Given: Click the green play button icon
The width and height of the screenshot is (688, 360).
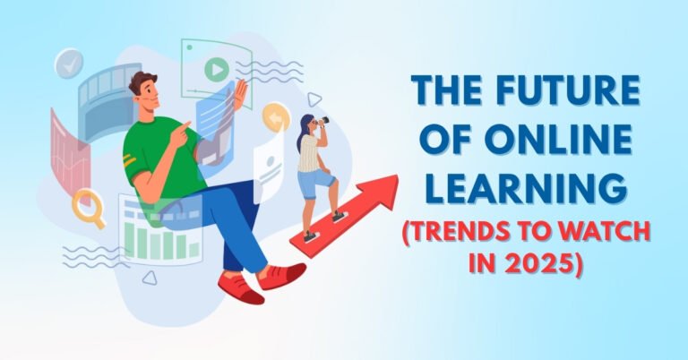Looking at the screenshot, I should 215,68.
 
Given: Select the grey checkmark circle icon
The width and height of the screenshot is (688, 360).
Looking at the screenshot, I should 68,64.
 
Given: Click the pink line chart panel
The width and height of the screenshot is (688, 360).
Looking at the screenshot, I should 71,148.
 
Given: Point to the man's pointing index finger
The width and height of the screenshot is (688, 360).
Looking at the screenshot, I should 188,124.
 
